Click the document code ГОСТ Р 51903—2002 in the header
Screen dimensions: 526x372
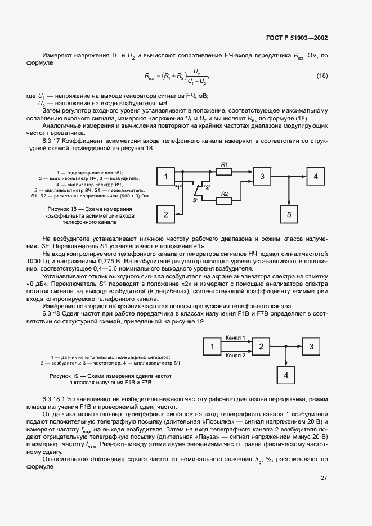pyautogui.click(x=296, y=38)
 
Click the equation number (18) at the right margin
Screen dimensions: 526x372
pyautogui.click(x=321, y=76)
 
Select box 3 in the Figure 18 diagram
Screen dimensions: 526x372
pyautogui.click(x=262, y=177)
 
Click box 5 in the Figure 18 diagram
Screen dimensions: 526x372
pyautogui.click(x=289, y=214)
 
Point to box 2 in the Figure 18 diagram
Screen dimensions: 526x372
pyautogui.click(x=165, y=214)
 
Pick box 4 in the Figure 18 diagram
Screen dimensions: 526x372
pyautogui.click(x=316, y=177)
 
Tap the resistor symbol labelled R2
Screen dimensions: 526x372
pyautogui.click(x=224, y=199)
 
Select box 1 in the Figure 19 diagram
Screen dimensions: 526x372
pyautogui.click(x=212, y=347)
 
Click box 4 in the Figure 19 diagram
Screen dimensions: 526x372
pyautogui.click(x=286, y=375)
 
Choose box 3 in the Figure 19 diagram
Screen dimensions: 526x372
pyautogui.click(x=311, y=347)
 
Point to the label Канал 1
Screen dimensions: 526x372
pyautogui.click(x=235, y=338)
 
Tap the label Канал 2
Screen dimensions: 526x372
pyautogui.click(x=235, y=356)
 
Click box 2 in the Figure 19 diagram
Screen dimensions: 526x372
pyautogui.click(x=261, y=347)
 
